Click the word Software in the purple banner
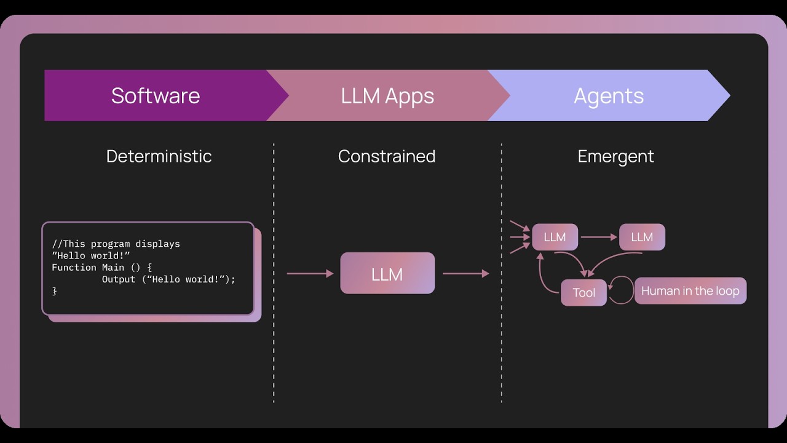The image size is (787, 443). tap(156, 96)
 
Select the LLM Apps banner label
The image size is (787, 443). tap(387, 96)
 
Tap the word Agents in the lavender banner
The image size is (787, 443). tap(609, 96)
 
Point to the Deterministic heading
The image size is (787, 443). tap(159, 156)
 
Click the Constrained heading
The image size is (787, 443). tap(387, 156)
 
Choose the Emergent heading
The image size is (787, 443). tap(615, 156)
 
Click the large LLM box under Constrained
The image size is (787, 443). tap(387, 273)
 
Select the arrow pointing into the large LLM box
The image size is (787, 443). tap(310, 273)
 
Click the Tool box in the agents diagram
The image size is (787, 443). tap(583, 293)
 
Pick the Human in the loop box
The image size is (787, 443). tap(690, 290)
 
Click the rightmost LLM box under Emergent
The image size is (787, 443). tap(642, 237)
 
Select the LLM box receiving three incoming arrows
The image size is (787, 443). tap(555, 237)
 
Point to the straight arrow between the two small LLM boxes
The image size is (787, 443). tap(598, 237)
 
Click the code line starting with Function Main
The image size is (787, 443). tap(101, 268)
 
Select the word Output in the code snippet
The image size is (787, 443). tap(119, 279)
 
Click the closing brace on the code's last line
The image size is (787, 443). tap(54, 291)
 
